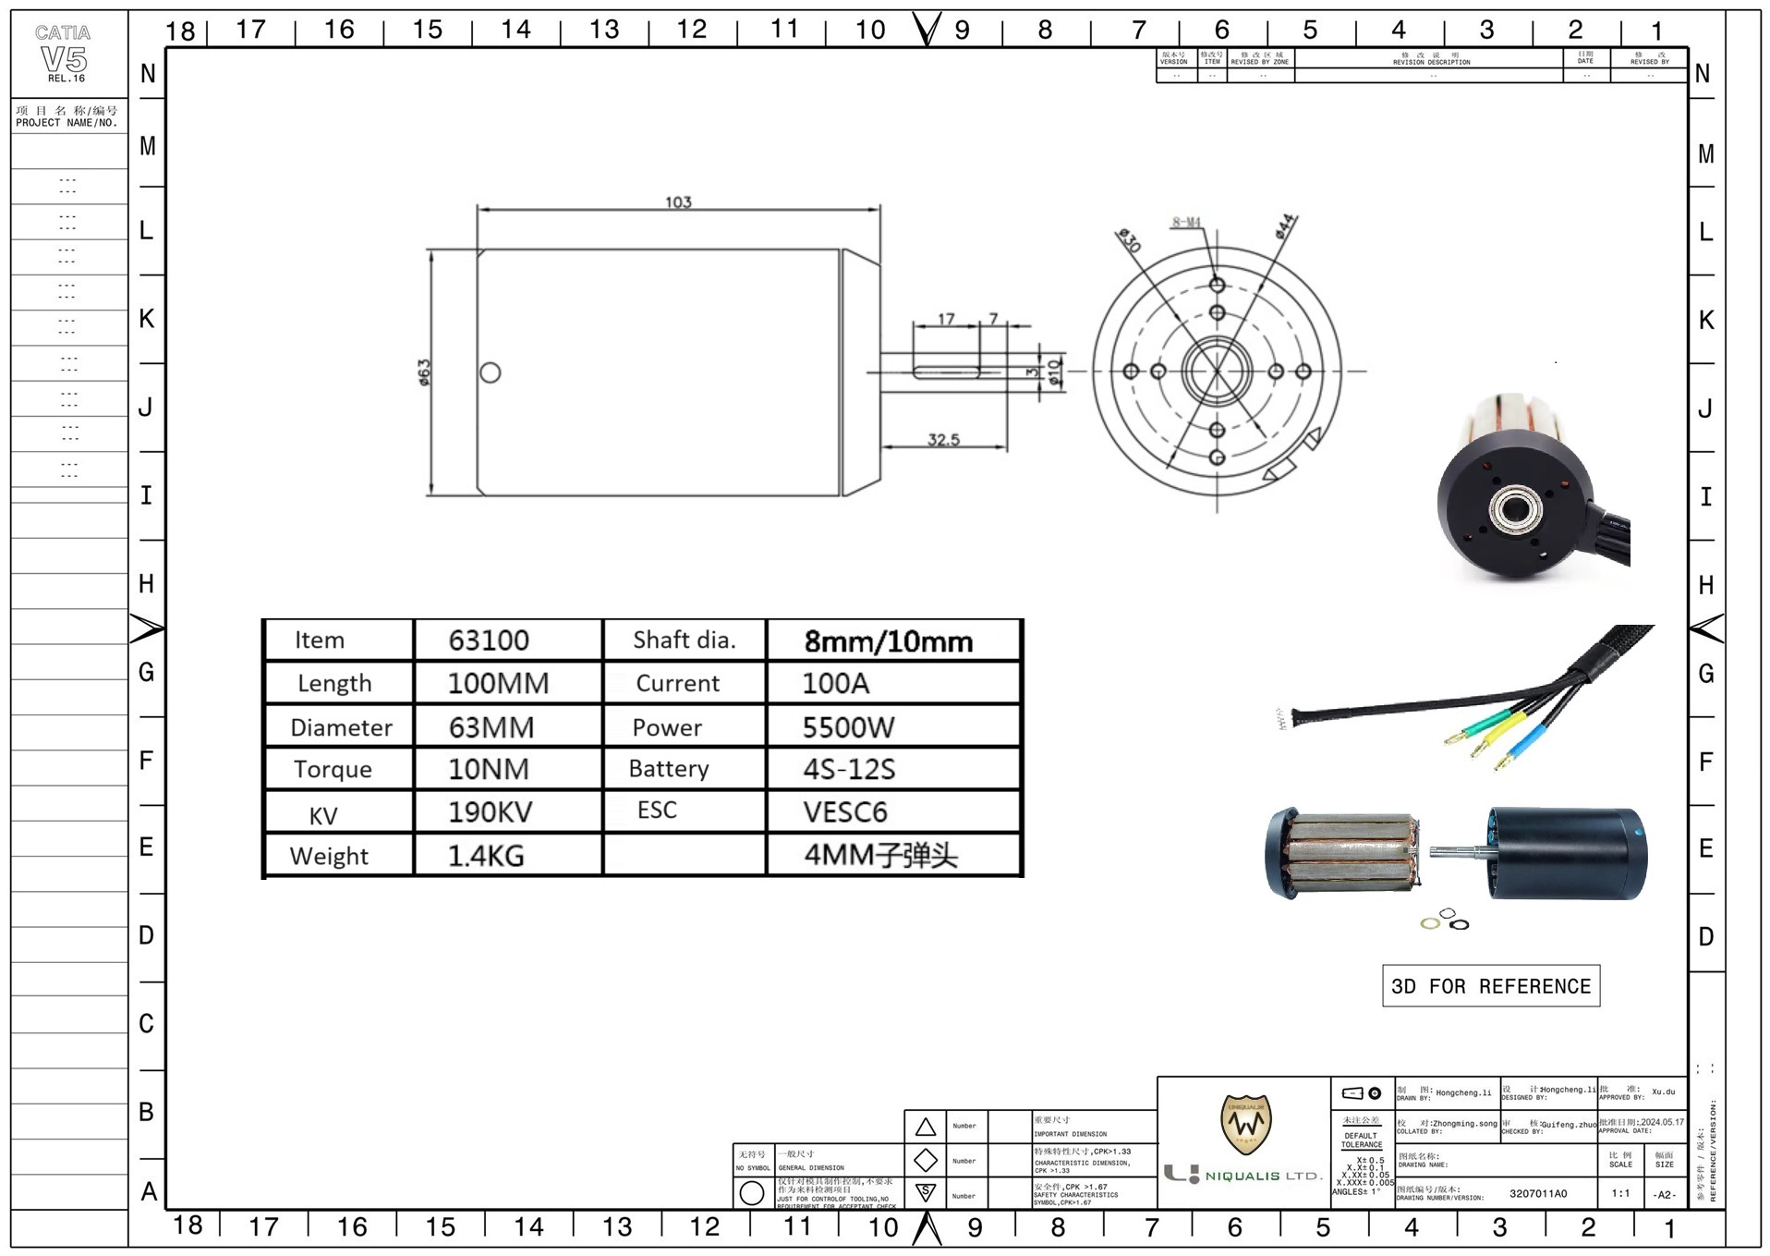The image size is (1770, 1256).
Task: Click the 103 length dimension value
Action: (678, 202)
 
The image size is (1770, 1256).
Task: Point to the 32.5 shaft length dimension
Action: (943, 440)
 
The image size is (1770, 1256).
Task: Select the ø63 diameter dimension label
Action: (424, 372)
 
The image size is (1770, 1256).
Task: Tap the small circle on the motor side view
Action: (491, 372)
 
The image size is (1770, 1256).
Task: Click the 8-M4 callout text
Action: (1186, 222)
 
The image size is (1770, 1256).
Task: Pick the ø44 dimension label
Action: (1286, 226)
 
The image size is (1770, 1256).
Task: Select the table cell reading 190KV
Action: (490, 812)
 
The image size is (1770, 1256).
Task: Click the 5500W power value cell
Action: (848, 727)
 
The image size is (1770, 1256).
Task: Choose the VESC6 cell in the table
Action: (844, 812)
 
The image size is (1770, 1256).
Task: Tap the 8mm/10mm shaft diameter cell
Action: (888, 641)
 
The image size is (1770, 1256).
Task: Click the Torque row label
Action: (333, 770)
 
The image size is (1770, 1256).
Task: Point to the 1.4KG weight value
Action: (486, 856)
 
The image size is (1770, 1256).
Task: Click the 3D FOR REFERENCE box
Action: (1490, 986)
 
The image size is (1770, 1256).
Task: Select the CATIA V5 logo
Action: (63, 55)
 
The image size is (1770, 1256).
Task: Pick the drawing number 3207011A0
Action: (1538, 1193)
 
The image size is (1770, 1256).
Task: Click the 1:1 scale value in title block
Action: (1620, 1193)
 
